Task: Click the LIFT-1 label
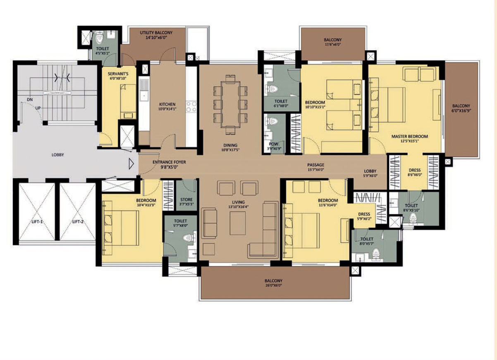(37, 221)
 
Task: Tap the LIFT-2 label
(78, 221)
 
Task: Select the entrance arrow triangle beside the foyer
(131, 164)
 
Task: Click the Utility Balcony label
(156, 33)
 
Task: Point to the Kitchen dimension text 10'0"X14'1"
(167, 109)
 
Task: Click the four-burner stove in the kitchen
(191, 107)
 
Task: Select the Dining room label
(230, 145)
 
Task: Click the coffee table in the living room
(238, 223)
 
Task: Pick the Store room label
(186, 199)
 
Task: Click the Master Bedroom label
(410, 137)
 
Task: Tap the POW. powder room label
(274, 144)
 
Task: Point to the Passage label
(315, 165)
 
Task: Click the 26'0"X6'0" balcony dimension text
(273, 286)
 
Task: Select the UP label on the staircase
(38, 108)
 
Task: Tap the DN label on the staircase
(30, 100)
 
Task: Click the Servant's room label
(118, 74)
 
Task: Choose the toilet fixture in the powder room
(272, 121)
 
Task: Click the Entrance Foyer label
(169, 162)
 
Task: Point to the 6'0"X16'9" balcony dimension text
(461, 110)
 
